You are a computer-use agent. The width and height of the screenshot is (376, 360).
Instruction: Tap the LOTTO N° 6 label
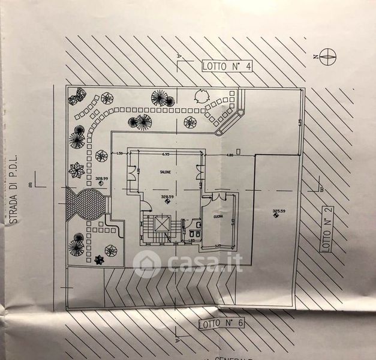pyautogui.click(x=221, y=323)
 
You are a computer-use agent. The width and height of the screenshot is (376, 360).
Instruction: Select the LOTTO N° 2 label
pyautogui.click(x=327, y=229)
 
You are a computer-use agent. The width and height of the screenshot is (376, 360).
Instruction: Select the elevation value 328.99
pyautogui.click(x=101, y=179)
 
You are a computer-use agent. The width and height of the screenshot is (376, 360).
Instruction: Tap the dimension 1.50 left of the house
pyautogui.click(x=119, y=155)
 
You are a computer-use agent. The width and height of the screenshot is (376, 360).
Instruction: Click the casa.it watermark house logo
pyautogui.click(x=148, y=263)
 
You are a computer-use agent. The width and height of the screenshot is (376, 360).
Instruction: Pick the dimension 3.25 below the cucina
pyautogui.click(x=218, y=245)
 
